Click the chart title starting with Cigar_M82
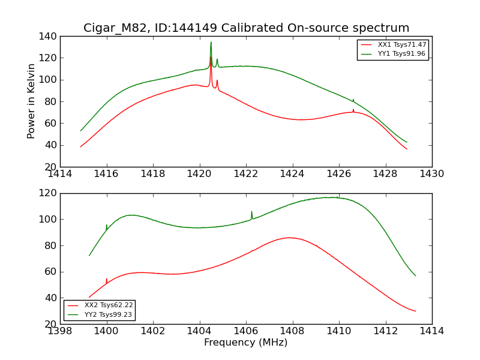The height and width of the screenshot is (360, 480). [x=246, y=28]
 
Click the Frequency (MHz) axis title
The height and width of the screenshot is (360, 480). [x=246, y=343]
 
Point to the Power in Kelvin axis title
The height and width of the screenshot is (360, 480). [x=31, y=101]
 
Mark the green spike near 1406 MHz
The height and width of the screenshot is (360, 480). [x=251, y=212]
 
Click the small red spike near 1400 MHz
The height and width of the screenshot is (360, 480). [x=107, y=280]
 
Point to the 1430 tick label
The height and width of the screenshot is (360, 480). [x=431, y=174]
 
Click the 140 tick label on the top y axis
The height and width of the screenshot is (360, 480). [x=50, y=37]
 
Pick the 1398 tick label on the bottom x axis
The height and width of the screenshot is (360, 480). [x=61, y=331]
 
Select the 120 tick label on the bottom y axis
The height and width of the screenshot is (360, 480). [x=50, y=193]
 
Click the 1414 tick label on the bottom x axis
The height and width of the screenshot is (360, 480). [x=431, y=331]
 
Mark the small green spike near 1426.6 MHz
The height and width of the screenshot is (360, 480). [x=353, y=100]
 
